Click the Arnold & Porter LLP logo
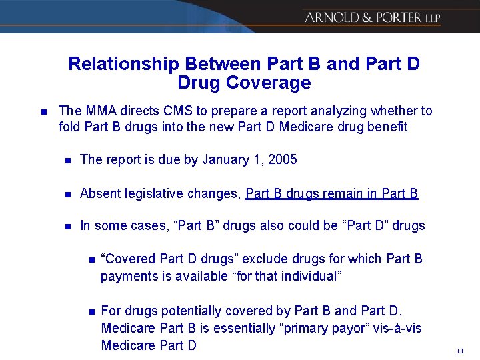[371, 18]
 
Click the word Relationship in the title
[123, 64]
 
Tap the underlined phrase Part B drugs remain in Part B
[332, 193]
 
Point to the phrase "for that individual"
[286, 276]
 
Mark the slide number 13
[460, 351]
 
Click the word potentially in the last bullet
[167, 311]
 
